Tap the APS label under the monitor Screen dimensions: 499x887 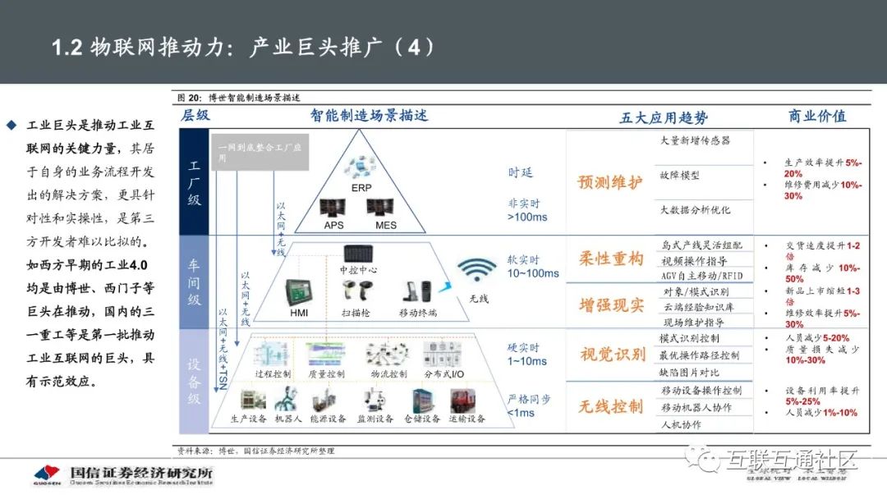pos(333,225)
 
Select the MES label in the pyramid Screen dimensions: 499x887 pos(386,225)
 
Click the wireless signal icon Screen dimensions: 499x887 pos(477,272)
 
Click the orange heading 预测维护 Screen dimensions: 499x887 pos(610,182)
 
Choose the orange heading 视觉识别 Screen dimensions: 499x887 pos(612,355)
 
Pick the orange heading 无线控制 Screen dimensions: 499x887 pos(610,405)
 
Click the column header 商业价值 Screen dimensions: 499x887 pos(816,117)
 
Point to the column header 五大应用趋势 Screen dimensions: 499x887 pos(663,117)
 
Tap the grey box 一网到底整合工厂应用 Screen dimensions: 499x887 pos(259,152)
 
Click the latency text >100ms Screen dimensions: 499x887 pos(527,217)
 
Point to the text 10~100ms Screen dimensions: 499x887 pos(533,272)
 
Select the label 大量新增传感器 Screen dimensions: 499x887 pos(695,140)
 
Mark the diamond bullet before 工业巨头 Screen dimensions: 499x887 pos(11,126)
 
